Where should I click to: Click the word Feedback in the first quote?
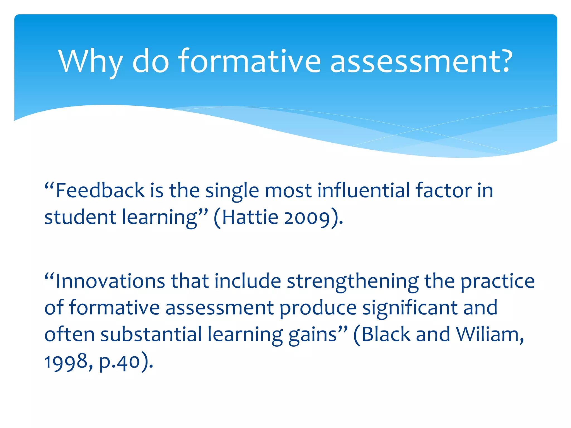100,191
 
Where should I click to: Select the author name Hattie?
250,217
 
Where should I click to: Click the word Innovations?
110,281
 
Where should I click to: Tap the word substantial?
151,334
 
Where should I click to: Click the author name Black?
386,334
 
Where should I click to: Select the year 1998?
66,362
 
